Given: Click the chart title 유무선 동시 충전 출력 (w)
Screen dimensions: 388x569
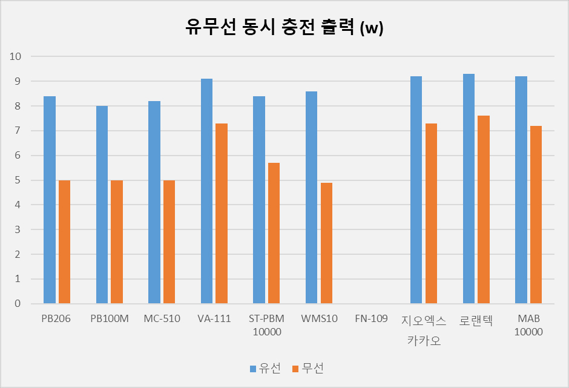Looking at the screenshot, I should point(284,28).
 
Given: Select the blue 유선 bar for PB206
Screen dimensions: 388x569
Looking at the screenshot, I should point(50,200).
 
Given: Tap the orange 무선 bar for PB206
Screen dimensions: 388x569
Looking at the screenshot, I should point(64,242).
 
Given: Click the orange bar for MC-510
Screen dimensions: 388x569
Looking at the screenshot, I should point(169,242).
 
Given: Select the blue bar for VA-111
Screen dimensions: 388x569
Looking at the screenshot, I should point(206,191).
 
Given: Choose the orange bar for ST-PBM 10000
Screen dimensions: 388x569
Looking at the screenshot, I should point(274,233).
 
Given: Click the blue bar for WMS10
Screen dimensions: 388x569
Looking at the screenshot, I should point(311,197).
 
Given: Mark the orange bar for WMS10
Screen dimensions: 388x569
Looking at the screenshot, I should point(326,243).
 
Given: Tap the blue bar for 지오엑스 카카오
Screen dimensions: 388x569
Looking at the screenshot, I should point(416,190).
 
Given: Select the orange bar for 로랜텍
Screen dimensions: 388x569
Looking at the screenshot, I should point(483,209).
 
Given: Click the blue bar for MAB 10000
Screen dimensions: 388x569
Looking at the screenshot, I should point(521,190).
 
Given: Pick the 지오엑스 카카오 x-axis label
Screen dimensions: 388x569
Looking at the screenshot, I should point(424,330).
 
